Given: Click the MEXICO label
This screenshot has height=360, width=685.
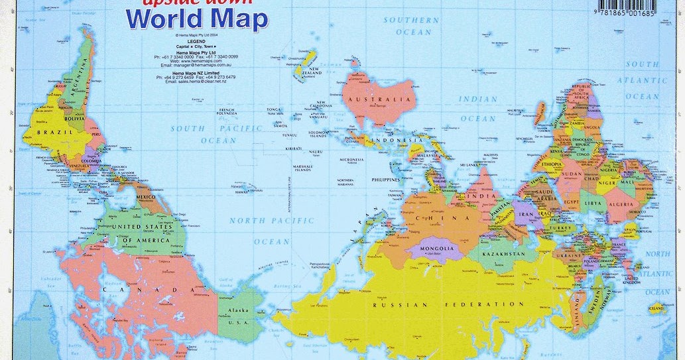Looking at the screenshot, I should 145,198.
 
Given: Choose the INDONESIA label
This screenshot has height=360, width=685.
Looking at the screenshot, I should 396,141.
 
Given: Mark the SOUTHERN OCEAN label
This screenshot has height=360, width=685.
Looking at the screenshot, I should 411,26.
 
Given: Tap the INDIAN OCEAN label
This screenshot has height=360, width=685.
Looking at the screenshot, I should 478,109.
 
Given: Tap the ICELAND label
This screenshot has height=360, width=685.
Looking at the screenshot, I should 656,308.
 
